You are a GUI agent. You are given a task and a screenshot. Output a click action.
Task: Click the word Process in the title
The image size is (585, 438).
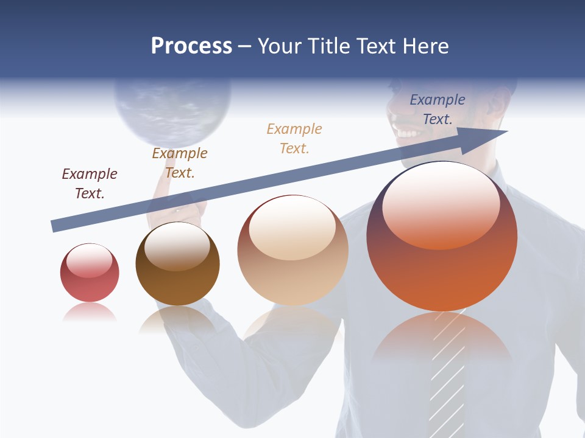pyautogui.click(x=191, y=46)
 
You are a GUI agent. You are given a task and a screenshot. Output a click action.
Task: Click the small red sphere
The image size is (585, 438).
pyautogui.click(x=90, y=273)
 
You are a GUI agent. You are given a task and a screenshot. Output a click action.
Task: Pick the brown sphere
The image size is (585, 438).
pyautogui.click(x=177, y=264)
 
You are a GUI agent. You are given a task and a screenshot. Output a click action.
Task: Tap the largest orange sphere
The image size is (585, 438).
pyautogui.click(x=442, y=237)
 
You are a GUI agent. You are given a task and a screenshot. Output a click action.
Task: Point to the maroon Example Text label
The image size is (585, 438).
pyautogui.click(x=90, y=184)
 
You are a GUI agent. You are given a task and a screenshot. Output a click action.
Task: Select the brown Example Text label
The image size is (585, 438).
pyautogui.click(x=180, y=163)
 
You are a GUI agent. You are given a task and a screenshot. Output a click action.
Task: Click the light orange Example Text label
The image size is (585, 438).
pyautogui.click(x=294, y=138)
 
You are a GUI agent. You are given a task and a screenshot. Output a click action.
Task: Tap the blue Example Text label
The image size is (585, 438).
pyautogui.click(x=437, y=109)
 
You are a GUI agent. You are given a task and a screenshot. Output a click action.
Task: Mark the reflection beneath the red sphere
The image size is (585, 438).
pyautogui.click(x=89, y=313)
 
